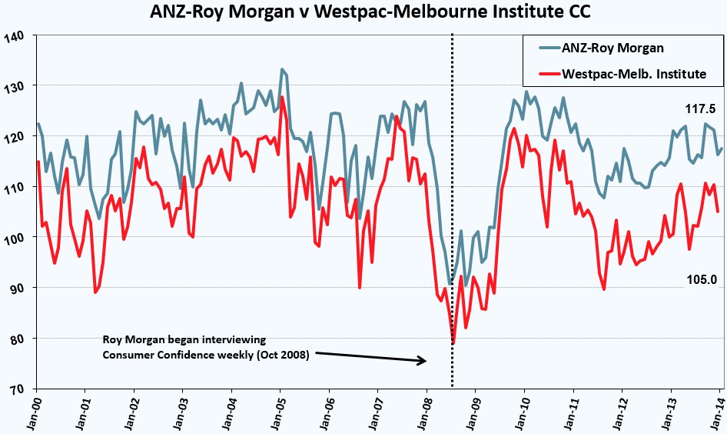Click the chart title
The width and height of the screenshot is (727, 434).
coord(370,12)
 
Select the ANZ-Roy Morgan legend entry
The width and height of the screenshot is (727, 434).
coord(601,48)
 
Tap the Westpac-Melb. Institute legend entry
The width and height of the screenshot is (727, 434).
coord(622,74)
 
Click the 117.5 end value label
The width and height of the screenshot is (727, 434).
coord(701,109)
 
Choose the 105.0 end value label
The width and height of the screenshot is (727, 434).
coord(702,279)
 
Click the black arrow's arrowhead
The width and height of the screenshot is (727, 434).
coord(422,361)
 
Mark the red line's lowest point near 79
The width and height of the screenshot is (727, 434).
coord(453,343)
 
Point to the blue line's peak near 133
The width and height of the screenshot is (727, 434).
coord(281,69)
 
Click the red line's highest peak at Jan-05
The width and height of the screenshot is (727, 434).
coord(281,97)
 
